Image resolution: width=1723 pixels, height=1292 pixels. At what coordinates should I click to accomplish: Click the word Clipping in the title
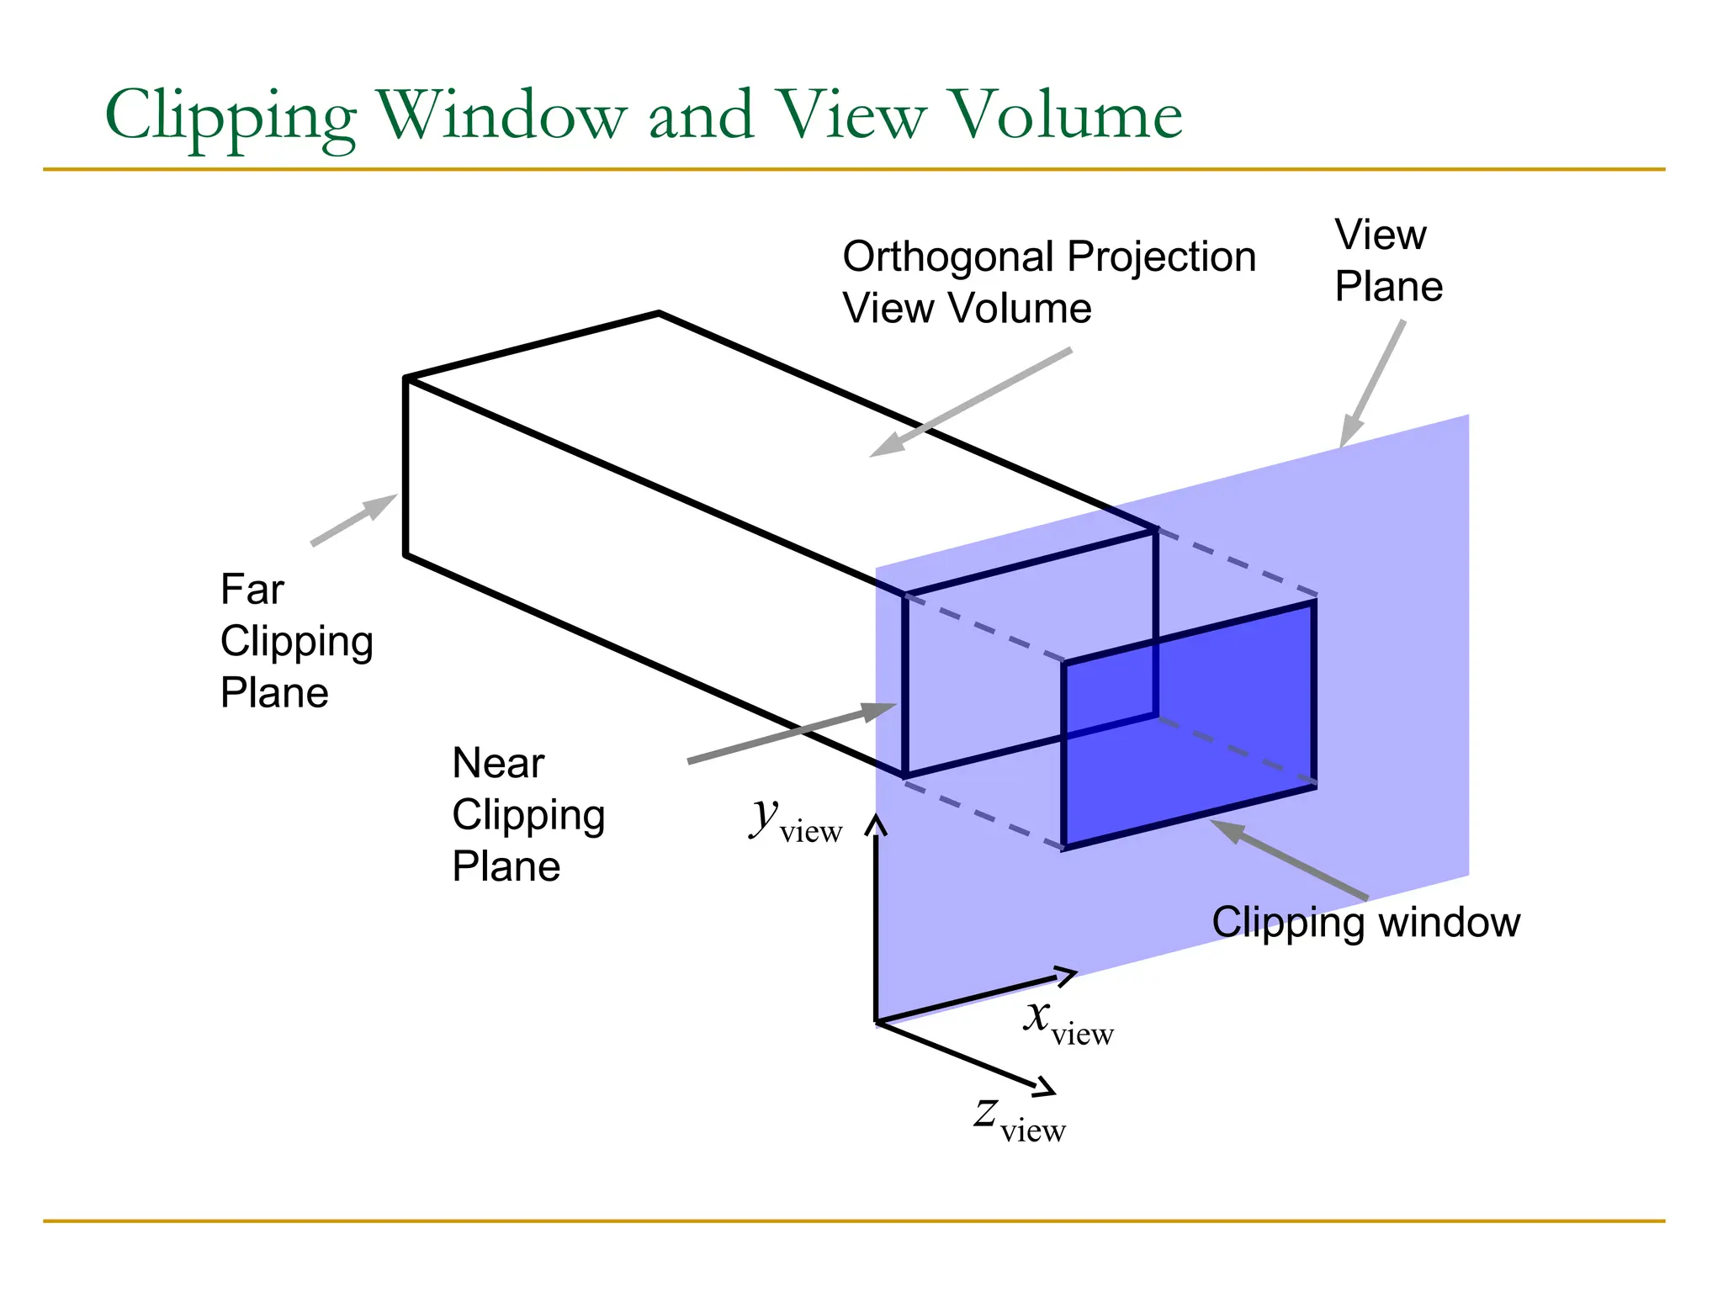point(231,116)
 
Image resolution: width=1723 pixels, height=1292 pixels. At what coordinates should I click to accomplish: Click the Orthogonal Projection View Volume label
point(1048,282)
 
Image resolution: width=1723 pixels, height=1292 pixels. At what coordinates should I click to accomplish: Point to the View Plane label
point(1387,260)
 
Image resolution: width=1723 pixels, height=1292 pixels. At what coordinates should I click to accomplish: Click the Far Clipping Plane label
point(295,641)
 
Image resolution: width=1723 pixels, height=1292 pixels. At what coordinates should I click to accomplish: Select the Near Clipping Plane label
point(528,814)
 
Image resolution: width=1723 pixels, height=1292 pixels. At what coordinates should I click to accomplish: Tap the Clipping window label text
point(1365,922)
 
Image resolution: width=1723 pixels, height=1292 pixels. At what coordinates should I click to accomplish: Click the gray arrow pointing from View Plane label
point(1372,384)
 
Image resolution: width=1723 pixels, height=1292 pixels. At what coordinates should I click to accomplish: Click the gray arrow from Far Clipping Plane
point(354,520)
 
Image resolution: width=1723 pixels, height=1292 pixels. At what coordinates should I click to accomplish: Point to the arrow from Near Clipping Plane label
point(791,733)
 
